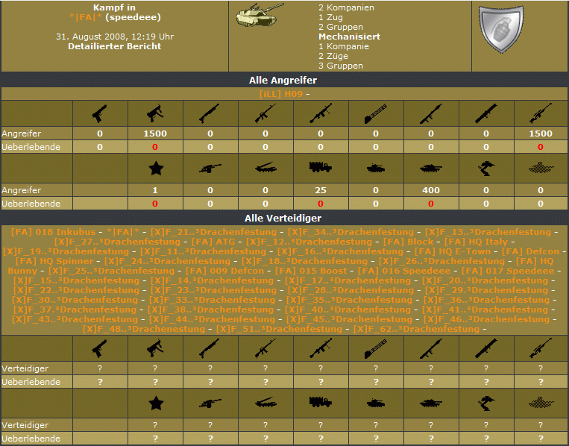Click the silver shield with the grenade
coord(501,29)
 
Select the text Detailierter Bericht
coord(114,46)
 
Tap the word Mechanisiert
coord(350,37)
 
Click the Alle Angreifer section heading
coord(283,81)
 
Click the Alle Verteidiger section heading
coord(283,218)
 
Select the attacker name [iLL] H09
coord(281,94)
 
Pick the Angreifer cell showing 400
coord(431,190)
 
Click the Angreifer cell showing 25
coord(321,190)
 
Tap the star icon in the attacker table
coord(156,169)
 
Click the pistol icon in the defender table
coord(99,348)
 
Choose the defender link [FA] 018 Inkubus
coord(54,232)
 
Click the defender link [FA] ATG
coord(213,242)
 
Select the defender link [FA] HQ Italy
coord(476,242)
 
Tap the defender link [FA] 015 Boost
coord(311,271)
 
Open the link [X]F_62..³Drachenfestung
coord(416,329)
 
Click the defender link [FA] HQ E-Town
coord(452,251)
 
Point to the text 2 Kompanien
coord(346,7)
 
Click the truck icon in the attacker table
coord(321,167)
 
